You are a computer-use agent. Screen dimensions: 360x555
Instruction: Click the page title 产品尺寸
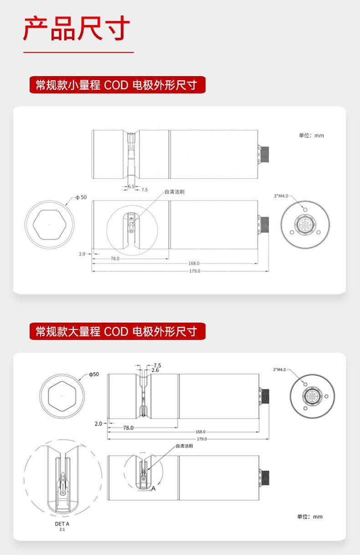77,28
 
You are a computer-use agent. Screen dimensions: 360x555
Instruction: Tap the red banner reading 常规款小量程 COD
118,85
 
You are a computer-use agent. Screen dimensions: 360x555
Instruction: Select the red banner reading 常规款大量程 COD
118,331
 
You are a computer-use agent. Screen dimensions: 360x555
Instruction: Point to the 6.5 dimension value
131,186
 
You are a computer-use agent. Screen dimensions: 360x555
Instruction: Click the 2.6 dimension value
155,370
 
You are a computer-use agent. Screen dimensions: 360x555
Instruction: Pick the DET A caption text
62,524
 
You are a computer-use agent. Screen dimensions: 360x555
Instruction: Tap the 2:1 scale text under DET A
62,529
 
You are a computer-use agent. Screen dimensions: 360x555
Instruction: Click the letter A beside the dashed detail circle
154,488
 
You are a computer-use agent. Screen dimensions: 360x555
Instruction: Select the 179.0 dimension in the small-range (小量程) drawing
195,271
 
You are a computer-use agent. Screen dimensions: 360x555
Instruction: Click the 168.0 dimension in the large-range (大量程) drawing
201,432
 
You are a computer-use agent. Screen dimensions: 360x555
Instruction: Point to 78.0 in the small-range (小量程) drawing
115,258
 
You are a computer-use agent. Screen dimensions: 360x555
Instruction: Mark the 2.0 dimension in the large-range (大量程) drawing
98,424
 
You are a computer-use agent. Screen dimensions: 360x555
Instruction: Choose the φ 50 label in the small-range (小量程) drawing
81,197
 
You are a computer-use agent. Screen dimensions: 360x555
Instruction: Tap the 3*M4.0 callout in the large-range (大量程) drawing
279,370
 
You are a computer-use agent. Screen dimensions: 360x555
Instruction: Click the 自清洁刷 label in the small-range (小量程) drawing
175,192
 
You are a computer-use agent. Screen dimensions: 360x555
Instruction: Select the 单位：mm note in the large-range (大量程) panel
310,517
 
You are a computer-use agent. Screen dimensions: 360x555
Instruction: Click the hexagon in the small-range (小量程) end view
50,225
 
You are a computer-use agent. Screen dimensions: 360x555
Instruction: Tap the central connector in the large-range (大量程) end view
312,396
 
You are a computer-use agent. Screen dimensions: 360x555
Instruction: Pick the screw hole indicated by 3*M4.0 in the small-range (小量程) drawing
305,210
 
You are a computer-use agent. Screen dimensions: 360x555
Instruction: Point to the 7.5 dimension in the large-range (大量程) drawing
157,365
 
